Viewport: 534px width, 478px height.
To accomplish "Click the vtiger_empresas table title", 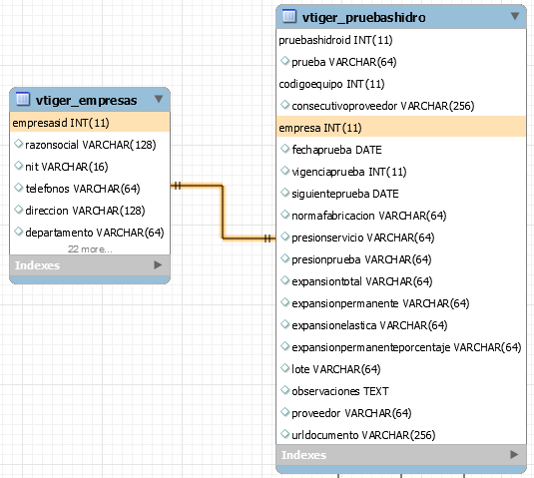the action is pyautogui.click(x=86, y=101).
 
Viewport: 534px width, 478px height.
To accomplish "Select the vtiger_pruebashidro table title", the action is pyautogui.click(x=363, y=17).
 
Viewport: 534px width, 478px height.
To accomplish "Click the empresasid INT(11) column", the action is pyautogui.click(x=61, y=123).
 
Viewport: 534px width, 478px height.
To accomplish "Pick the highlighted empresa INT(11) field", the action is pyautogui.click(x=320, y=128).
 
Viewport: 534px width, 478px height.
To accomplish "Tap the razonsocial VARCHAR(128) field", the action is pyautogui.click(x=91, y=145).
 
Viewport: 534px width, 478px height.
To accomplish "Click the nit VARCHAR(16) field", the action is pyautogui.click(x=67, y=167).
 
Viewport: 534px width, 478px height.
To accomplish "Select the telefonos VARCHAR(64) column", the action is pyautogui.click(x=83, y=189).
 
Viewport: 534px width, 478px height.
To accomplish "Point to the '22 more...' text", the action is pyautogui.click(x=90, y=249).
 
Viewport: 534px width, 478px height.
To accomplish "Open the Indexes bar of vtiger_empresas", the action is pyautogui.click(x=90, y=265).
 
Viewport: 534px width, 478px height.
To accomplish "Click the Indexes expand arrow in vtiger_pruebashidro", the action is pyautogui.click(x=514, y=454).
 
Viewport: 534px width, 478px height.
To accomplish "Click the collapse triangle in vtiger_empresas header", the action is pyautogui.click(x=159, y=99).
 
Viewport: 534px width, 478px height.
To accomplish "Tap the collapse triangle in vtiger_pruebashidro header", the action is pyautogui.click(x=515, y=16).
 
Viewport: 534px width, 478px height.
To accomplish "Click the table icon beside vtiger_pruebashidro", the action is pyautogui.click(x=289, y=16).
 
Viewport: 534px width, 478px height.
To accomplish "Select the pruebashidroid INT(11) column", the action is pyautogui.click(x=335, y=40).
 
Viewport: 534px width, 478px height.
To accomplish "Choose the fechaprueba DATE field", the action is pyautogui.click(x=336, y=150).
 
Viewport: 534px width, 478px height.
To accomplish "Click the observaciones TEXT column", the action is pyautogui.click(x=340, y=391).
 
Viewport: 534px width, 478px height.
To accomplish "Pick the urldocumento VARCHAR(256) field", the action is pyautogui.click(x=363, y=435).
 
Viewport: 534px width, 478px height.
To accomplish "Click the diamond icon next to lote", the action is pyautogui.click(x=284, y=368).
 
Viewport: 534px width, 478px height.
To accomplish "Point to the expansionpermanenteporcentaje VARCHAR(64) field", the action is pyautogui.click(x=406, y=347).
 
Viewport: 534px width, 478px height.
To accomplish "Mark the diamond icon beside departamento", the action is pyautogui.click(x=18, y=232).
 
